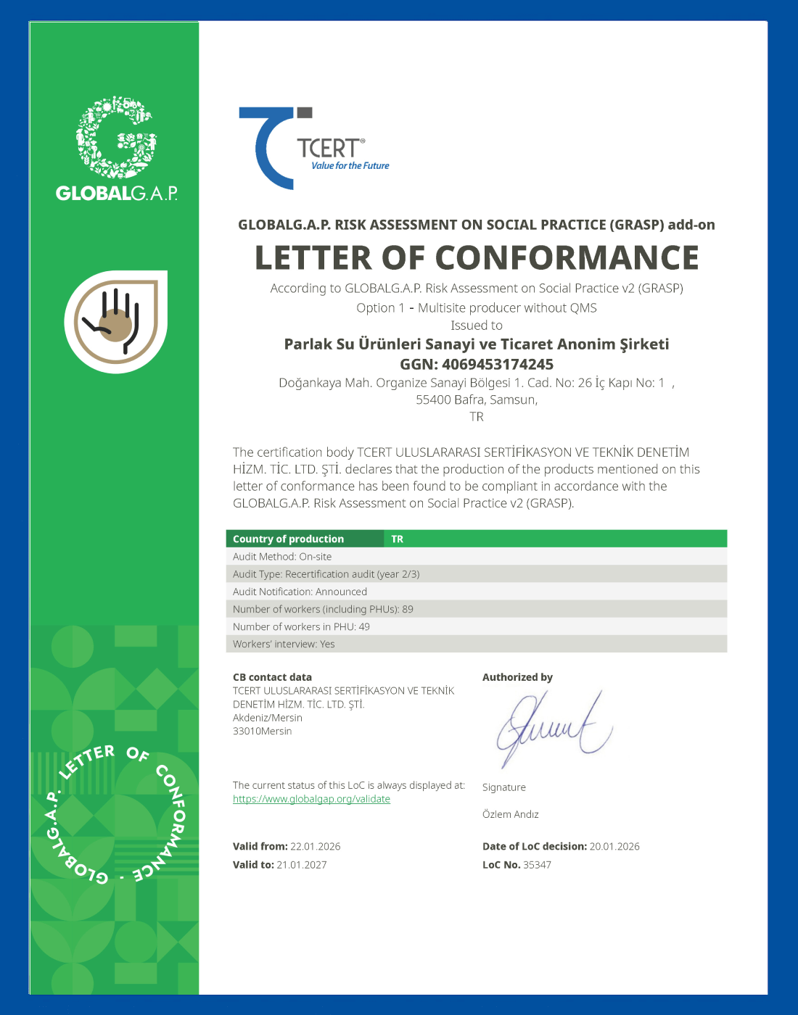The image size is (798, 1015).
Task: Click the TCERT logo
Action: click(x=313, y=149)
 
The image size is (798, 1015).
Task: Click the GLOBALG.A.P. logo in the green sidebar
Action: click(x=117, y=149)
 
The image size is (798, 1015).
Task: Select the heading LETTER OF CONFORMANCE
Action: click(x=477, y=258)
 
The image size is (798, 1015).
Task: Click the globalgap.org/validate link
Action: click(x=311, y=799)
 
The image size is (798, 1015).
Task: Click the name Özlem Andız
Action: click(x=511, y=814)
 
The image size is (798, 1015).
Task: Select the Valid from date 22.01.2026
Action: click(x=315, y=846)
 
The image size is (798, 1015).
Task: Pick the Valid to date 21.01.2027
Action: click(x=302, y=865)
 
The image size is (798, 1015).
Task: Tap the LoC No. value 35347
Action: click(x=537, y=865)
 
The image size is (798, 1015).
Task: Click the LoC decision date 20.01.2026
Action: click(x=614, y=846)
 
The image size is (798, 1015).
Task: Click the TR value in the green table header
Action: click(x=398, y=539)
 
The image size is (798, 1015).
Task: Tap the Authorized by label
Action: click(x=517, y=677)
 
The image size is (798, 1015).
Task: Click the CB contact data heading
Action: click(x=272, y=677)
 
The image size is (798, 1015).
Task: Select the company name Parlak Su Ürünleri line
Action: click(x=477, y=344)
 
